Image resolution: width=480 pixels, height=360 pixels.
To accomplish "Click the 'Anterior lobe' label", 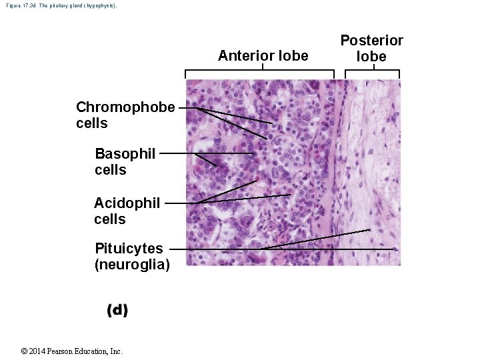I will (263, 56).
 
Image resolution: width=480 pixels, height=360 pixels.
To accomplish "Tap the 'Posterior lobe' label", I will (371, 49).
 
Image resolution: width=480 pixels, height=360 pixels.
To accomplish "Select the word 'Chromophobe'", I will (125, 107).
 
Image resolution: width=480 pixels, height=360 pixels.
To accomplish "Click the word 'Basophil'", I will (125, 154).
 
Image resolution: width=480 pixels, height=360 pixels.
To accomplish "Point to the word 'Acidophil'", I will (127, 203).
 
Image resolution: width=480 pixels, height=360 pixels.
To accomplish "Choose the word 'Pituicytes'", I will (129, 249).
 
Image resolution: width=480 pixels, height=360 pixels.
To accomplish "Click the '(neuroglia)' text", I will (132, 265).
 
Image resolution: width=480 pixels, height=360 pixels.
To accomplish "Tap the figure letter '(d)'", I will (117, 311).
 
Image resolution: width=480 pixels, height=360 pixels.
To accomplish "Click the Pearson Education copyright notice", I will (71, 351).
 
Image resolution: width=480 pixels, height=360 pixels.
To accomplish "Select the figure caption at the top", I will (59, 5).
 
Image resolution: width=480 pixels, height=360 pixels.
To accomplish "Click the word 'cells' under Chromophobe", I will (92, 123).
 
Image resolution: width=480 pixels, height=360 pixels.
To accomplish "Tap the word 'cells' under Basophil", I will (110, 170).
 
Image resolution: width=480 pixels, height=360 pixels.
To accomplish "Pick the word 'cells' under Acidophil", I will (109, 219).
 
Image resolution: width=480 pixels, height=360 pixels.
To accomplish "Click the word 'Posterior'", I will (371, 41).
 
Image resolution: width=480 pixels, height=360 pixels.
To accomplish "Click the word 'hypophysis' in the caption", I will (100, 5).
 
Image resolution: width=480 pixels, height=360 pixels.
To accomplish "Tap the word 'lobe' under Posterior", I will (371, 57).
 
